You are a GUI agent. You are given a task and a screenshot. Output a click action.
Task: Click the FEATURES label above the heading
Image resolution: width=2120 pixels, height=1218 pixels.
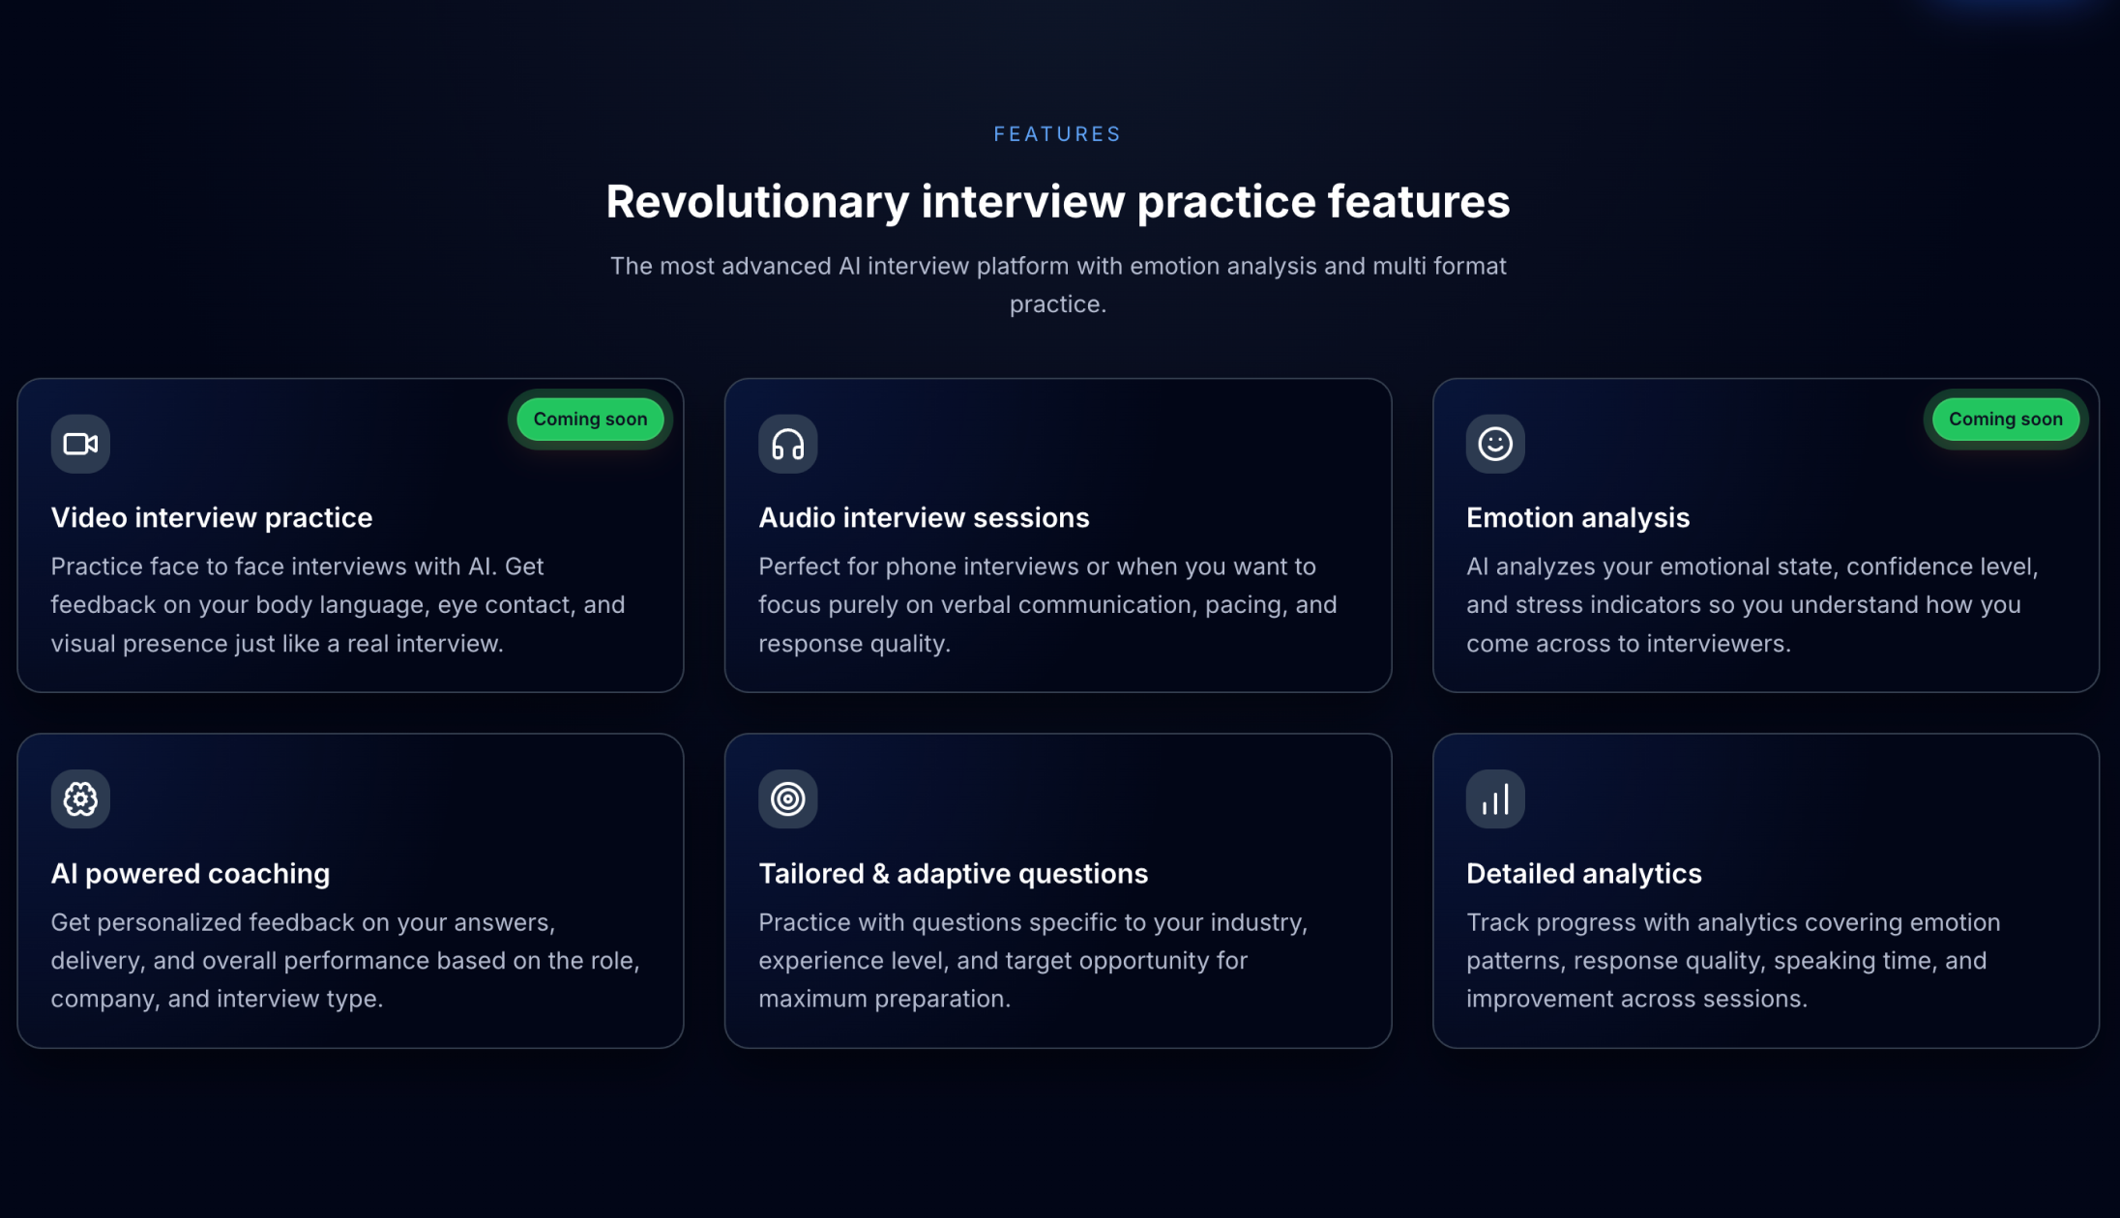[x=1057, y=134]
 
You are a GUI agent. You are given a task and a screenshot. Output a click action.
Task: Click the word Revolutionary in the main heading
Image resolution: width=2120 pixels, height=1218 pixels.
[x=757, y=202]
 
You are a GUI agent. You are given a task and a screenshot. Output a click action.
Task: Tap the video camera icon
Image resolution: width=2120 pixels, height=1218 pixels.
[x=80, y=444]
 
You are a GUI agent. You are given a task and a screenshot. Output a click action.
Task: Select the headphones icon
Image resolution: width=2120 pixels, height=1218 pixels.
[x=787, y=444]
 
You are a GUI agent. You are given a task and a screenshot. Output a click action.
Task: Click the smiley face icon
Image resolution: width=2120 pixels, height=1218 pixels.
[x=1495, y=444]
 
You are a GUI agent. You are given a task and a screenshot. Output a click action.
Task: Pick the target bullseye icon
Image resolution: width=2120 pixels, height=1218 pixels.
[x=787, y=799]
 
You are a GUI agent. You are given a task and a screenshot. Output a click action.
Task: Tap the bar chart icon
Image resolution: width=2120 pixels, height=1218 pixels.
[x=1495, y=799]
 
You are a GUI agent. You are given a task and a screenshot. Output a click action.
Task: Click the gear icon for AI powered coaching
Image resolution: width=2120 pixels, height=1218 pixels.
[x=80, y=799]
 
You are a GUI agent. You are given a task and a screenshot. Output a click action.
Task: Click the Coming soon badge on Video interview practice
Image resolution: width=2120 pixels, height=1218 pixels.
[x=590, y=420]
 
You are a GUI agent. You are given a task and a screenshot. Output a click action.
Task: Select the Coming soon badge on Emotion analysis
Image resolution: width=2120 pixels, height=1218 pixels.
[x=2005, y=420]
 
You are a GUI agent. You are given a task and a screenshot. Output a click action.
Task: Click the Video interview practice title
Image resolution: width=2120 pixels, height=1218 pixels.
[x=211, y=518]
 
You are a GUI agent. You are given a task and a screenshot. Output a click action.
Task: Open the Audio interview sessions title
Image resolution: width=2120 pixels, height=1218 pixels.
[x=924, y=518]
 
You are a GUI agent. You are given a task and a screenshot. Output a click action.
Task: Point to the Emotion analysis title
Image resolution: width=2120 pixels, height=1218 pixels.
[x=1577, y=518]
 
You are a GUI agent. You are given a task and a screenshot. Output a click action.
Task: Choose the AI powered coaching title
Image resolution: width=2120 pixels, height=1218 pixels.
[x=190, y=874]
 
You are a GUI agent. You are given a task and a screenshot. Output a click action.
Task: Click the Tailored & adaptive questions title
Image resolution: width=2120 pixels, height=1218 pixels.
[x=953, y=874]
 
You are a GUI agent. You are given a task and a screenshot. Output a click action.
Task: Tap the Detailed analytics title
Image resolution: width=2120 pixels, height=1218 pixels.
[x=1583, y=874]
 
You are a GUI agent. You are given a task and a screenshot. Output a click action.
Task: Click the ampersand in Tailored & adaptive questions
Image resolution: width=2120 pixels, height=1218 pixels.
[x=880, y=874]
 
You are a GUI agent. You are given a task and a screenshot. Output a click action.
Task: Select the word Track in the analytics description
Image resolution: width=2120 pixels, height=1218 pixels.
[x=1497, y=922]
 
